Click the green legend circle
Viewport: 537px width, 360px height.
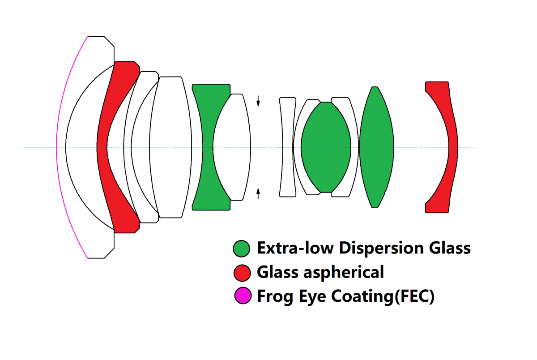(x=242, y=249)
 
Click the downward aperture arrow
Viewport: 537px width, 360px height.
(x=258, y=101)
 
